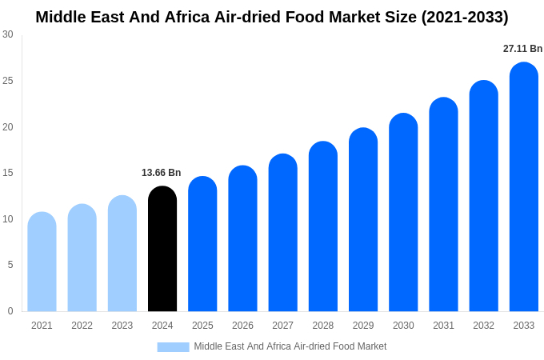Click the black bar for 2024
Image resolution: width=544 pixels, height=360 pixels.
point(162,249)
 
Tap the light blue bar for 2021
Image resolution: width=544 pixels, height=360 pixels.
point(42,262)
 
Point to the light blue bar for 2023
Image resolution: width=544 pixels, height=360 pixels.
point(122,254)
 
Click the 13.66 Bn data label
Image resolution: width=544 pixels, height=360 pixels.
point(161,173)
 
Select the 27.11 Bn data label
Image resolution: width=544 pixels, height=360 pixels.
point(522,49)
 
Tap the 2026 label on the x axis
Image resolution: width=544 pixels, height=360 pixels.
point(242,326)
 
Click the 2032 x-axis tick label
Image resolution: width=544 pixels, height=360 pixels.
point(483,326)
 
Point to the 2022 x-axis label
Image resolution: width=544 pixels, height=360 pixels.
point(82,326)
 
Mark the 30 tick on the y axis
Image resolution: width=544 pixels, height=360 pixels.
point(8,34)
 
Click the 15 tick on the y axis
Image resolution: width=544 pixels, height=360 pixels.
point(8,173)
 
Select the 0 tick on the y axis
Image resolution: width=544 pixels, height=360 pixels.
point(10,311)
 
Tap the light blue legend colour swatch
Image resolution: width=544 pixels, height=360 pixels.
point(173,346)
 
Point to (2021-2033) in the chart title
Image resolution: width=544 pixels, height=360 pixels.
point(465,17)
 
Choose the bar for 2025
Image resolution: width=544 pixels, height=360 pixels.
point(202,244)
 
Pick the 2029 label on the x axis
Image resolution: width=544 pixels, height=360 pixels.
point(363,326)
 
